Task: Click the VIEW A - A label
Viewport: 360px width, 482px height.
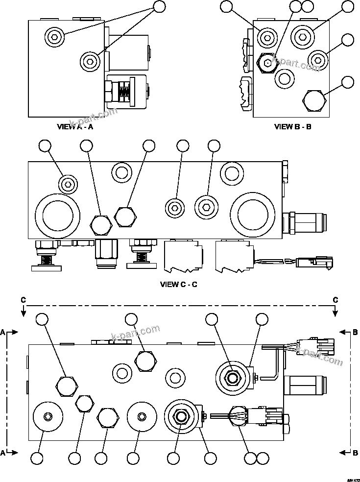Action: [x=75, y=127]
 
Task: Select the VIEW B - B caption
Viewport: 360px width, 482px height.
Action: [x=292, y=127]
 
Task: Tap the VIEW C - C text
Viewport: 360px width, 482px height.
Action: [x=179, y=284]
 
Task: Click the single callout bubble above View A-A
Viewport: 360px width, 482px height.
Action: [x=160, y=6]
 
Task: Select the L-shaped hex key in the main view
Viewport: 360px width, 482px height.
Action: [x=271, y=365]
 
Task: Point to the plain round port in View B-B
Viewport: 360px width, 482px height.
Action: [x=285, y=77]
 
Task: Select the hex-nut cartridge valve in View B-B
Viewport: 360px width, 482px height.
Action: [x=266, y=62]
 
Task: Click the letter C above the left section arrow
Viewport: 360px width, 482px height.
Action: [x=23, y=299]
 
